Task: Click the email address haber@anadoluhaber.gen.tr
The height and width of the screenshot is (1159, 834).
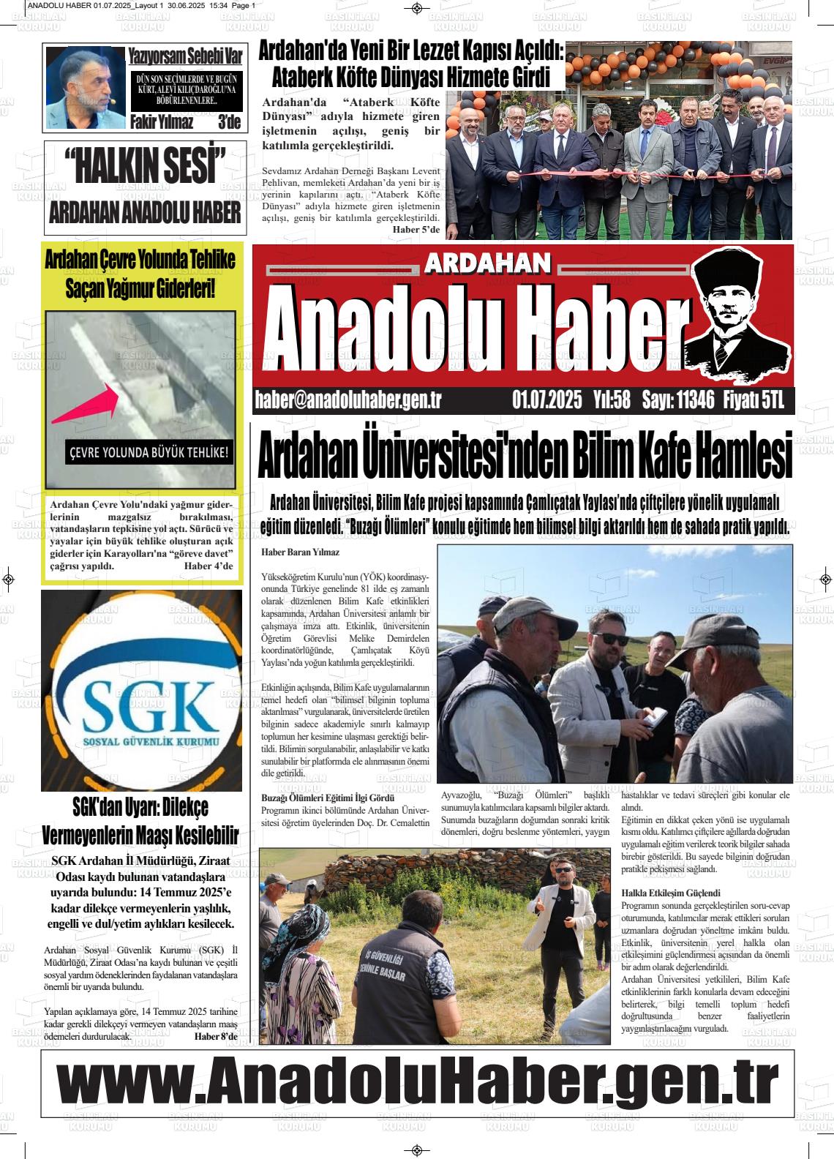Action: point(348,400)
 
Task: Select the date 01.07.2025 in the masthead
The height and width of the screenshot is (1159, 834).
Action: point(547,400)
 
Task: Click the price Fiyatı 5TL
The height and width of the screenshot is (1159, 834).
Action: point(754,400)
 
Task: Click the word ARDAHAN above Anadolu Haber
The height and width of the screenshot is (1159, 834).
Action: point(487,263)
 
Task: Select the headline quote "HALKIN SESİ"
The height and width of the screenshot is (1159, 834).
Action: point(145,166)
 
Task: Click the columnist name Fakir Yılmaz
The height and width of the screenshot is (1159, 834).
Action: point(162,122)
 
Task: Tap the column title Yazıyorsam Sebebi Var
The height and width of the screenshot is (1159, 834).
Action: point(185,56)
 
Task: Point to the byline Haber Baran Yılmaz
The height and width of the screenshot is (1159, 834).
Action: point(300,552)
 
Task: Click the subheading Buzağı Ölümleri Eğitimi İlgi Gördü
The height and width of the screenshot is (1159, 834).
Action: point(328,798)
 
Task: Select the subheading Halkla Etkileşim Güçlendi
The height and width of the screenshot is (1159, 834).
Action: point(671,893)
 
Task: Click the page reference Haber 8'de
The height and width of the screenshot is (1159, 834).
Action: point(216,1036)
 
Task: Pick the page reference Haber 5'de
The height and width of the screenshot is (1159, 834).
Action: point(416,230)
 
